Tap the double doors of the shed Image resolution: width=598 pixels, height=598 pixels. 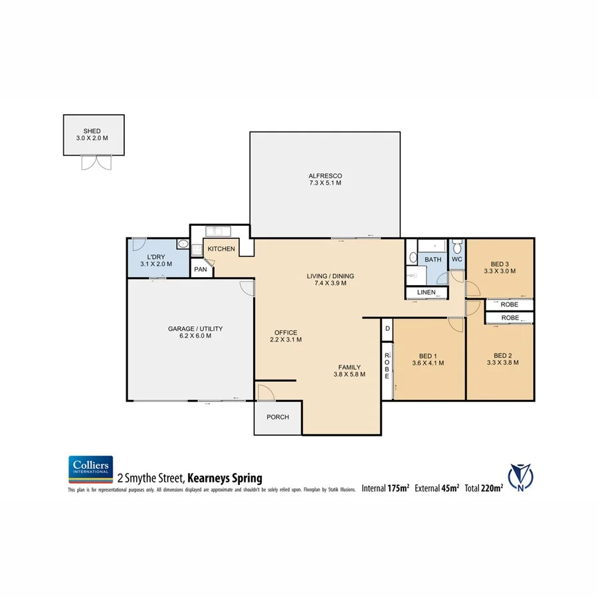(94, 162)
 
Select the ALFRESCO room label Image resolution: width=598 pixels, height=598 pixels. (325, 175)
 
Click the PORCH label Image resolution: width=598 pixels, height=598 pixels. (278, 417)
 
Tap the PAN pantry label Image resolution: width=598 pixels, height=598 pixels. (201, 270)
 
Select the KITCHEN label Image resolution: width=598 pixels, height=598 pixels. (221, 249)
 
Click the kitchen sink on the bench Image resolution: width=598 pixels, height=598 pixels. (218, 231)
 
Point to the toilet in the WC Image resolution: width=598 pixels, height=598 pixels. (456, 246)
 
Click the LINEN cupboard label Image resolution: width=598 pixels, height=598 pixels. (426, 292)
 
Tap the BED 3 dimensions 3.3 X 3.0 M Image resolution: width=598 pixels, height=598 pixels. (500, 270)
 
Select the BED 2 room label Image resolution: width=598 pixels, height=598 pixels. (502, 354)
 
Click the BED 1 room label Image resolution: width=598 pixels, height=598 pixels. (428, 354)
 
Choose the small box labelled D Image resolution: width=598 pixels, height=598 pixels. (387, 328)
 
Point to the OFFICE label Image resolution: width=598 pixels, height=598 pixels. (286, 332)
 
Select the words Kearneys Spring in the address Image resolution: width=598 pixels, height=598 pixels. (225, 478)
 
